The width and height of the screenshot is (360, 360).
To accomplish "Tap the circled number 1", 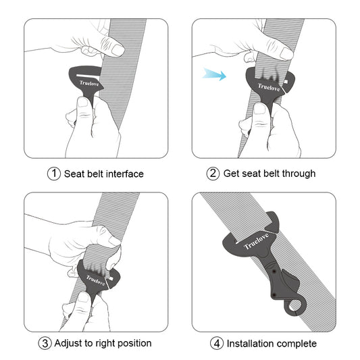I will (54, 174).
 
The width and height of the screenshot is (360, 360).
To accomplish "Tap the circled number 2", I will (213, 174).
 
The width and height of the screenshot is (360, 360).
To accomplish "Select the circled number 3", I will (45, 343).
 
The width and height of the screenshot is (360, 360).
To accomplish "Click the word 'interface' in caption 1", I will (123, 174).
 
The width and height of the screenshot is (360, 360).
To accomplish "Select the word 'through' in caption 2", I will (298, 174).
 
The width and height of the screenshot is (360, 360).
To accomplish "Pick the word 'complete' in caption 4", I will (298, 343).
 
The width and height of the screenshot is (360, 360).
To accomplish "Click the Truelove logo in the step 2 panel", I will (269, 86).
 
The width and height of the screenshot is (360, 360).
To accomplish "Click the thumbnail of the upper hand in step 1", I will (118, 49).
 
